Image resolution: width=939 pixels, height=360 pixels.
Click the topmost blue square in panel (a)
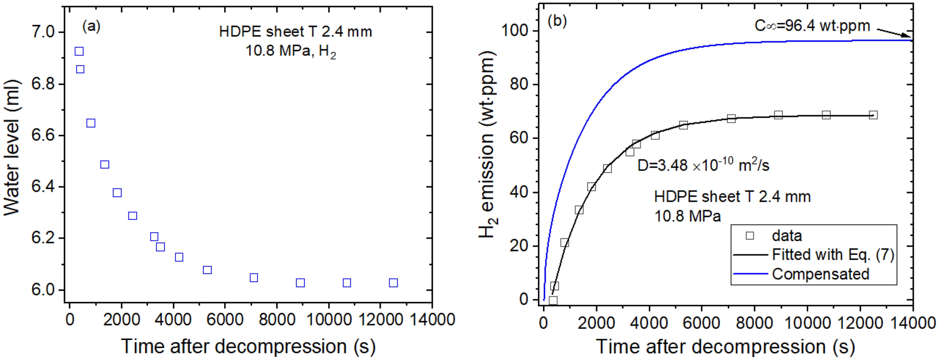point(79,51)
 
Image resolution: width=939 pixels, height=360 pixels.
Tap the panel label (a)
point(91,25)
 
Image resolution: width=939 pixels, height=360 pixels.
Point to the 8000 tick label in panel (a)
point(277,319)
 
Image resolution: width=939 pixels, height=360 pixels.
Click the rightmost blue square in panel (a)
point(393,283)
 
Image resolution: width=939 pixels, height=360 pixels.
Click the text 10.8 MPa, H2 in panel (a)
point(290,51)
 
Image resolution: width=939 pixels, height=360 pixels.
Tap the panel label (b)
point(557,21)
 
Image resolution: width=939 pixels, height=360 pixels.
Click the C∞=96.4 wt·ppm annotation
point(812,25)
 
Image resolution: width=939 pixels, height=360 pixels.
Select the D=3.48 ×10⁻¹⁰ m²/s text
point(703,165)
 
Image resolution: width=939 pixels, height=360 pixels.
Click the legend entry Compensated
point(820,274)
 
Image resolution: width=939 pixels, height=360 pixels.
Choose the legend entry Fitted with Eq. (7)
point(833,255)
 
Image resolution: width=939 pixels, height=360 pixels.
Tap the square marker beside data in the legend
point(750,235)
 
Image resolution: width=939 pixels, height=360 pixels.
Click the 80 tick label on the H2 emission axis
point(518,84)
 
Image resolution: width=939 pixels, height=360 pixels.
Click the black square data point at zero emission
point(553,300)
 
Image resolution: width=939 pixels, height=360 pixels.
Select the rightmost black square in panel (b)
point(873,115)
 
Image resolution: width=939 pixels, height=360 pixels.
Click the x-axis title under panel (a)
point(248,346)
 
